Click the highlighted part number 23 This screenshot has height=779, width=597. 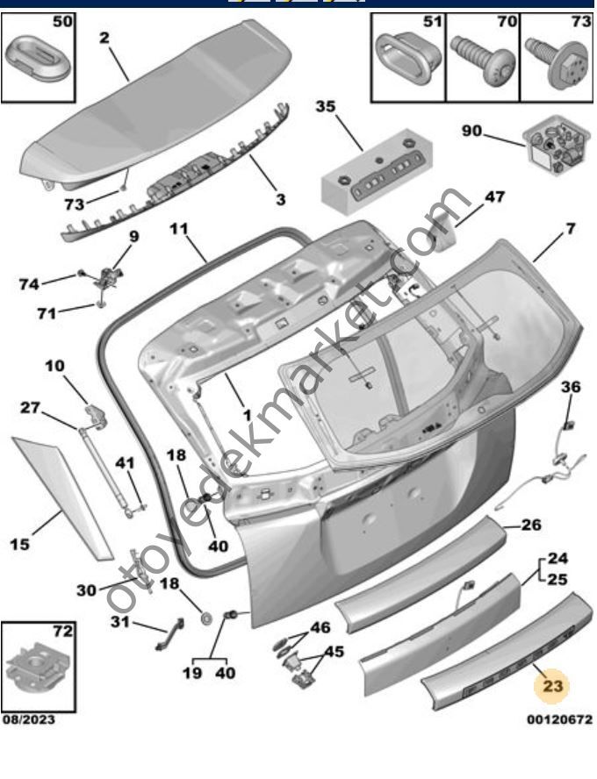(x=554, y=687)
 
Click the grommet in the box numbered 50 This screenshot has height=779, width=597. (x=37, y=54)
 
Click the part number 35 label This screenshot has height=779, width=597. (x=325, y=107)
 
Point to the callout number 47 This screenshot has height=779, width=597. (x=494, y=197)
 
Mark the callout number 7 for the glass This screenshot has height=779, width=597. (x=570, y=229)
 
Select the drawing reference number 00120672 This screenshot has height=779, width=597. (x=559, y=720)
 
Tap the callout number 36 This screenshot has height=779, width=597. (x=570, y=387)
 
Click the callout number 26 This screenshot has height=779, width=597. (x=530, y=525)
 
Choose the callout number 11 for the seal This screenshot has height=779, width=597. (x=179, y=229)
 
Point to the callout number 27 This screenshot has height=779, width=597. (x=30, y=407)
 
